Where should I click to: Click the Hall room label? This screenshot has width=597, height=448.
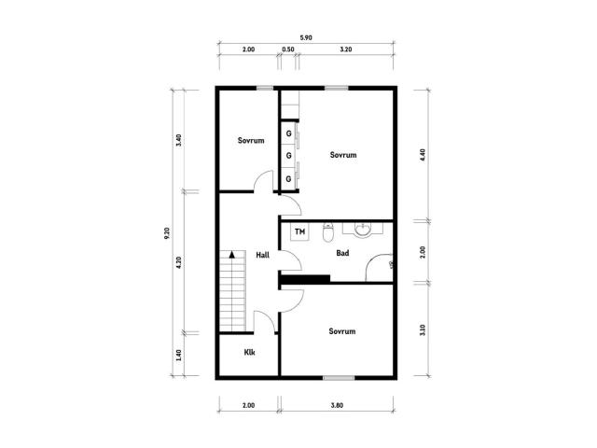tap(263, 255)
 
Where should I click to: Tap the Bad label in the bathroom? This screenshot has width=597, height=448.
tap(342, 253)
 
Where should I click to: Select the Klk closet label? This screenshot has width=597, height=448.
tap(249, 353)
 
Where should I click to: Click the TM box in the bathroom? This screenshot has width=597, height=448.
tap(300, 231)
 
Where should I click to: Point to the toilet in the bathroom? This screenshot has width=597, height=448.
tap(327, 232)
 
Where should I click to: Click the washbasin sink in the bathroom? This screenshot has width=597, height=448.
tap(363, 230)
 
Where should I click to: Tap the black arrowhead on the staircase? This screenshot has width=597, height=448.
tap(232, 255)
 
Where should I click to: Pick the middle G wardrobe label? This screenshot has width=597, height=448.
tap(288, 156)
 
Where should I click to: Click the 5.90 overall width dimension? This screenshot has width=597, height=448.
tap(306, 37)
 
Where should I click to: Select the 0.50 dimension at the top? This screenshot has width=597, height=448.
tap(288, 49)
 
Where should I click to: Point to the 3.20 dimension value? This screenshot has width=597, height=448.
tap(346, 49)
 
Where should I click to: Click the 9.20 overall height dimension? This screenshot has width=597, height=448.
tap(167, 233)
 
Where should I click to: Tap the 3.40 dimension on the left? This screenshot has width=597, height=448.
tap(178, 140)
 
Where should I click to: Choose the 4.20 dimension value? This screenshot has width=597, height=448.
tap(178, 262)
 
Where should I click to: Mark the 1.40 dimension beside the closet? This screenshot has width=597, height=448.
tap(178, 355)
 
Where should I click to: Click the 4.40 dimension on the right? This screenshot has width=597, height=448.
tap(423, 155)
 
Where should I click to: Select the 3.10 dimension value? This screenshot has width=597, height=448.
tap(423, 329)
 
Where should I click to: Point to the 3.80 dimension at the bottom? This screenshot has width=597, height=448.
tap(337, 405)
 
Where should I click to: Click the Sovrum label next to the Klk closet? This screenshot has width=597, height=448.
tap(342, 331)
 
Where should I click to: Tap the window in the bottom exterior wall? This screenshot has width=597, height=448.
tap(339, 378)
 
